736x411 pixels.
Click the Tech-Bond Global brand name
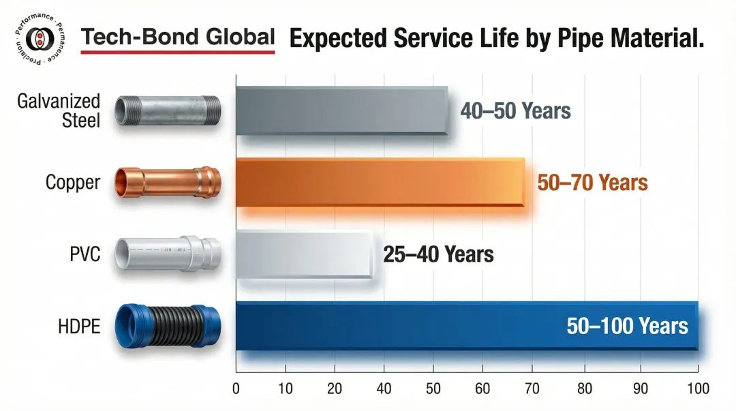178,37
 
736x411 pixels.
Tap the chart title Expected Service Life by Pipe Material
496,38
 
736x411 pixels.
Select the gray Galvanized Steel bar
341,110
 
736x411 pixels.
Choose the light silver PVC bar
304,254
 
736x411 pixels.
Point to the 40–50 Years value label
515,110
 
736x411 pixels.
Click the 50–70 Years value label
592,183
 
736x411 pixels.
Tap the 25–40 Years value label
438,255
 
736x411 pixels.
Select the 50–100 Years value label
627,326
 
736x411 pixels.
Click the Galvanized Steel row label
59,111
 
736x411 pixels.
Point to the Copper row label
73,183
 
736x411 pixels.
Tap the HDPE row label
79,326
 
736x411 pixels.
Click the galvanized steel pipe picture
168,111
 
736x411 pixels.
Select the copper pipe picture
168,183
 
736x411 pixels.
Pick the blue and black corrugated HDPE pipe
168,326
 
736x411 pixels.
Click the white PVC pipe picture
168,255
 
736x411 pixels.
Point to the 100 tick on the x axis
697,389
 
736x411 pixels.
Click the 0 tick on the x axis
236,389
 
